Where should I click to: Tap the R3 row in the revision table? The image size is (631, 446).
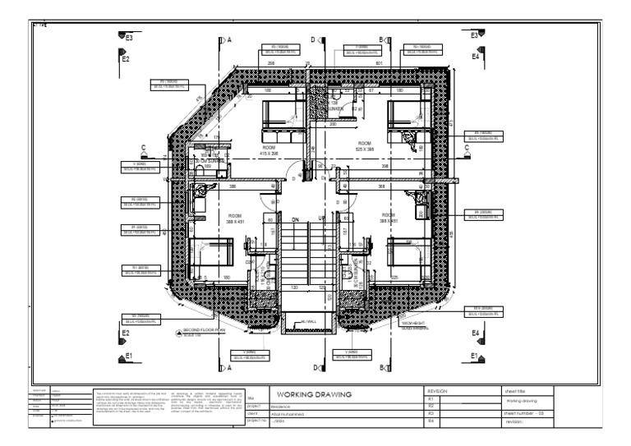coord(431,413)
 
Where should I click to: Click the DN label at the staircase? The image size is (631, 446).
coord(296,219)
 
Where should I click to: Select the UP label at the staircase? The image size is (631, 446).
coord(322,219)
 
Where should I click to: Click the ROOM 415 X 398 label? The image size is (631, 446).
coord(270,150)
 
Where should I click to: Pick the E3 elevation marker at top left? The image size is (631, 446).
coord(127,37)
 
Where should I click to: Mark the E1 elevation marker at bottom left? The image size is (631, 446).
coord(127,356)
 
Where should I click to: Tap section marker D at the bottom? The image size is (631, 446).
coord(315,367)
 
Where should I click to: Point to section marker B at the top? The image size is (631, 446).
coord(382,39)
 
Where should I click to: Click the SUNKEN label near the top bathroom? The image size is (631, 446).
coord(335,108)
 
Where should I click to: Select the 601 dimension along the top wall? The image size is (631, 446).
coord(379,62)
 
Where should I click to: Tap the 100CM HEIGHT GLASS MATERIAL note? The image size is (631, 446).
coord(412,324)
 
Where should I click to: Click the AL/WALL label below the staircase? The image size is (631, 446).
coord(309,322)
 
